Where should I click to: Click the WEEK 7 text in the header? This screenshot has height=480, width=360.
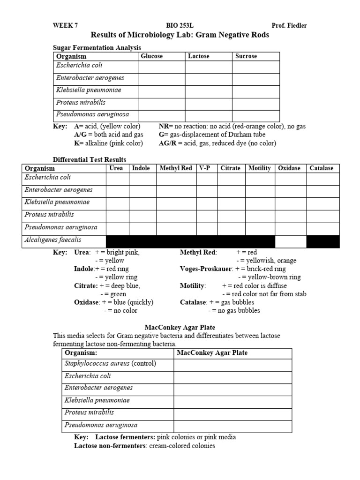(x=65, y=26)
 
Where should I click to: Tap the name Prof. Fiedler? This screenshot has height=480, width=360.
(x=289, y=26)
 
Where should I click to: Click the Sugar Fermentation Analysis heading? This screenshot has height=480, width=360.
(x=97, y=47)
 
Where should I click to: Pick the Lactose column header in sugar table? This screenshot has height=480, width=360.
(x=199, y=56)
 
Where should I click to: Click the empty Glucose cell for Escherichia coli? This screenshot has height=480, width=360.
(x=161, y=67)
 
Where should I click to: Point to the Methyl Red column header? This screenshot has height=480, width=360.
(x=176, y=168)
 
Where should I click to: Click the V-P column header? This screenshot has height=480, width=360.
(x=204, y=168)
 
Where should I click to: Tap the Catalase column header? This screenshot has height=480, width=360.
(x=322, y=168)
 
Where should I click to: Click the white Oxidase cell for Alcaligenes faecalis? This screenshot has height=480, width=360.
(x=291, y=241)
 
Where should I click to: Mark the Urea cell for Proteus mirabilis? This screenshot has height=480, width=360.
(x=118, y=216)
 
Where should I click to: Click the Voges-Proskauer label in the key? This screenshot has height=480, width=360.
(x=207, y=269)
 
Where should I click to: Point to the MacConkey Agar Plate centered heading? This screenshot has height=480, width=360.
(x=180, y=327)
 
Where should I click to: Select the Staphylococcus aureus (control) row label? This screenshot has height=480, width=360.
(x=110, y=364)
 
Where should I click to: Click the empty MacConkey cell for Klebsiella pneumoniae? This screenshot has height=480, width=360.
(x=233, y=401)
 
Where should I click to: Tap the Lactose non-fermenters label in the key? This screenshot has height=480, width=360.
(x=111, y=446)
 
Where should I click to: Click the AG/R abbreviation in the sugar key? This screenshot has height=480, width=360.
(x=168, y=143)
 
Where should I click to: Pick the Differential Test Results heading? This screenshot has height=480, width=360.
(x=90, y=160)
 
